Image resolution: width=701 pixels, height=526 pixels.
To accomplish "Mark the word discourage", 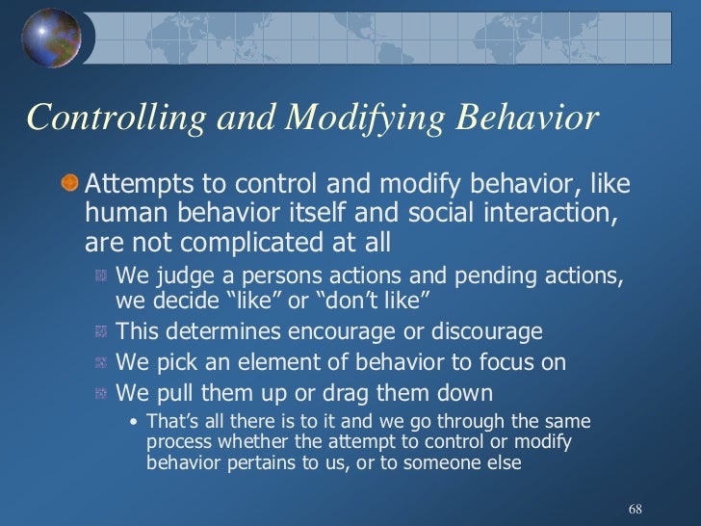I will point(485,332).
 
